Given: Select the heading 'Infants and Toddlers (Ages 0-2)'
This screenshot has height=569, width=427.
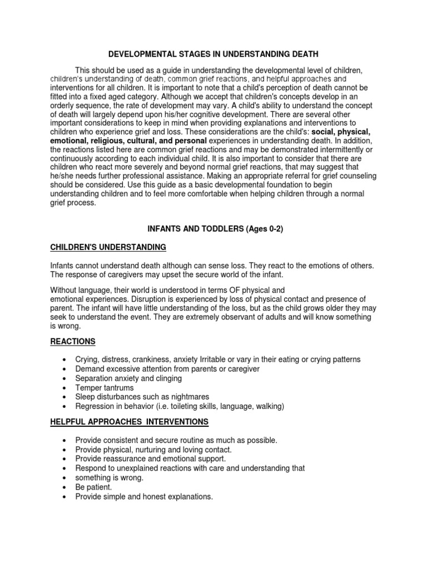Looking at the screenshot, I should (215, 229).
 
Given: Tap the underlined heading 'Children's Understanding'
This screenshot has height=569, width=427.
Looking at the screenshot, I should (108, 247).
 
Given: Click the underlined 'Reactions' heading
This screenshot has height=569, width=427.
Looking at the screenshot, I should (73, 341).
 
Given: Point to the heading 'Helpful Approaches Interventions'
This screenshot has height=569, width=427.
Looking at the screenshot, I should (130, 422).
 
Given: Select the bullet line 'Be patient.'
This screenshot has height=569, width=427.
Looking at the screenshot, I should (93, 487).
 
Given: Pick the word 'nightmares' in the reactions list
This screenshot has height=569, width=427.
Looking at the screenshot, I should (190, 397).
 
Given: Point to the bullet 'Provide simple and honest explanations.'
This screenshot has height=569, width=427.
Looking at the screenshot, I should (144, 497).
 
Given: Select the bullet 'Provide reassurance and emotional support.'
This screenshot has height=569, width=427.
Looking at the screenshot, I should (150, 458).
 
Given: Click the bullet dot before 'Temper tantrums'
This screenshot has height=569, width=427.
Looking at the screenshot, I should (67, 388).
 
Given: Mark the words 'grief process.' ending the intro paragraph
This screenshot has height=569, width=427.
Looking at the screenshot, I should (73, 203).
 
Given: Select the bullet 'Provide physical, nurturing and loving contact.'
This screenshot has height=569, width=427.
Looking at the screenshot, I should (153, 449).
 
